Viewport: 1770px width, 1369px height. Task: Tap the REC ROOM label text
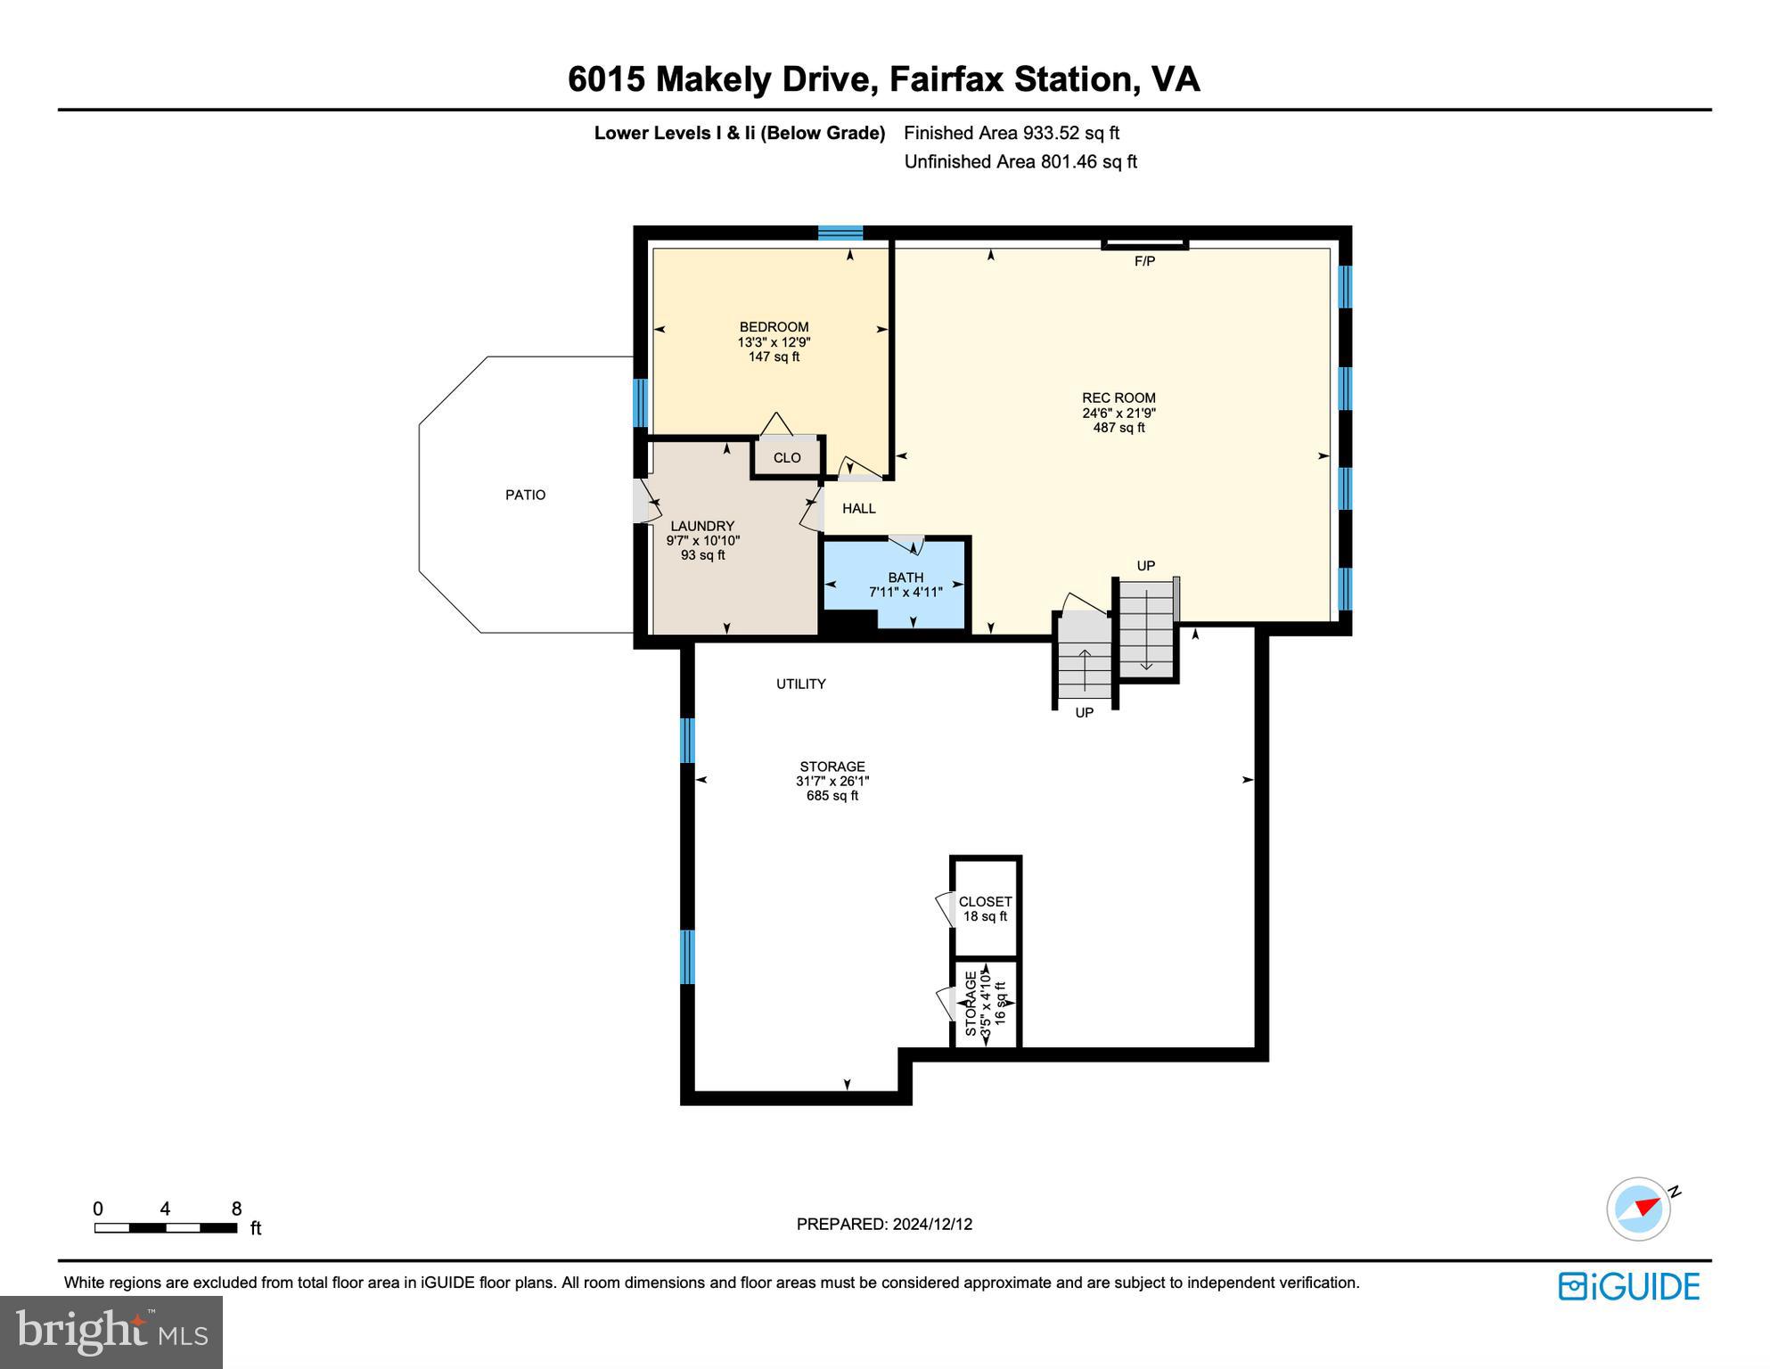pos(1119,398)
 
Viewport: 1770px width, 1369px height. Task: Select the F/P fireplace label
pos(1144,261)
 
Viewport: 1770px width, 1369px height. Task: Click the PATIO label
pos(525,495)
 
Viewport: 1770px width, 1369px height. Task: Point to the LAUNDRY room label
pos(702,527)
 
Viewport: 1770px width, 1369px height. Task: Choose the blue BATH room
pos(905,584)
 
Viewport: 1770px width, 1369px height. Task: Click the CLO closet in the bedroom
pos(786,458)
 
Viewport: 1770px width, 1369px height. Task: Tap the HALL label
pos(858,509)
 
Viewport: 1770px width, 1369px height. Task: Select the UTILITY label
pos(800,684)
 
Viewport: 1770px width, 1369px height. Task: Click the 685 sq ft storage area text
pos(832,796)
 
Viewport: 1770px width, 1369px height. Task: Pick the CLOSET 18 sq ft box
pos(985,908)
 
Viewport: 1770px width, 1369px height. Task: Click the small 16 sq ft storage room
pos(985,1004)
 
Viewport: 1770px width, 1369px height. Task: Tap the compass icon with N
pos(1639,1209)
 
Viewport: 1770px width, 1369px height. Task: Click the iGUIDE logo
pos(1628,1286)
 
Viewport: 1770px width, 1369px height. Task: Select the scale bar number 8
pos(236,1209)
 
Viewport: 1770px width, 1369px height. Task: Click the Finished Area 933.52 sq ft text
pos(1011,133)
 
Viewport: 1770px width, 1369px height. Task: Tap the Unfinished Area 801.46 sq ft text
pos(1020,161)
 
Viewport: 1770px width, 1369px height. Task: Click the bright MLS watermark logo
pos(111,1332)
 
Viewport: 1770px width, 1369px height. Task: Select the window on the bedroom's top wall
pos(840,234)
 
